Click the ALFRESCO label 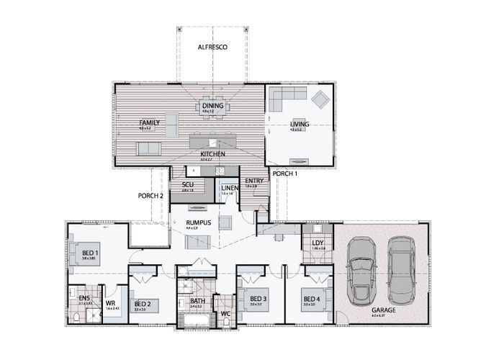click(x=212, y=47)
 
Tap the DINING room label click(x=212, y=106)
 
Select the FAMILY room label click(x=150, y=123)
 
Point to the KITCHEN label click(x=213, y=154)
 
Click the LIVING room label click(x=300, y=124)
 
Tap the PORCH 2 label click(x=151, y=196)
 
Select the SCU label click(x=188, y=184)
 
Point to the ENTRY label click(x=253, y=181)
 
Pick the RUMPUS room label click(x=198, y=223)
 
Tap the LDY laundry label click(x=318, y=243)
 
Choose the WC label click(x=225, y=313)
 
